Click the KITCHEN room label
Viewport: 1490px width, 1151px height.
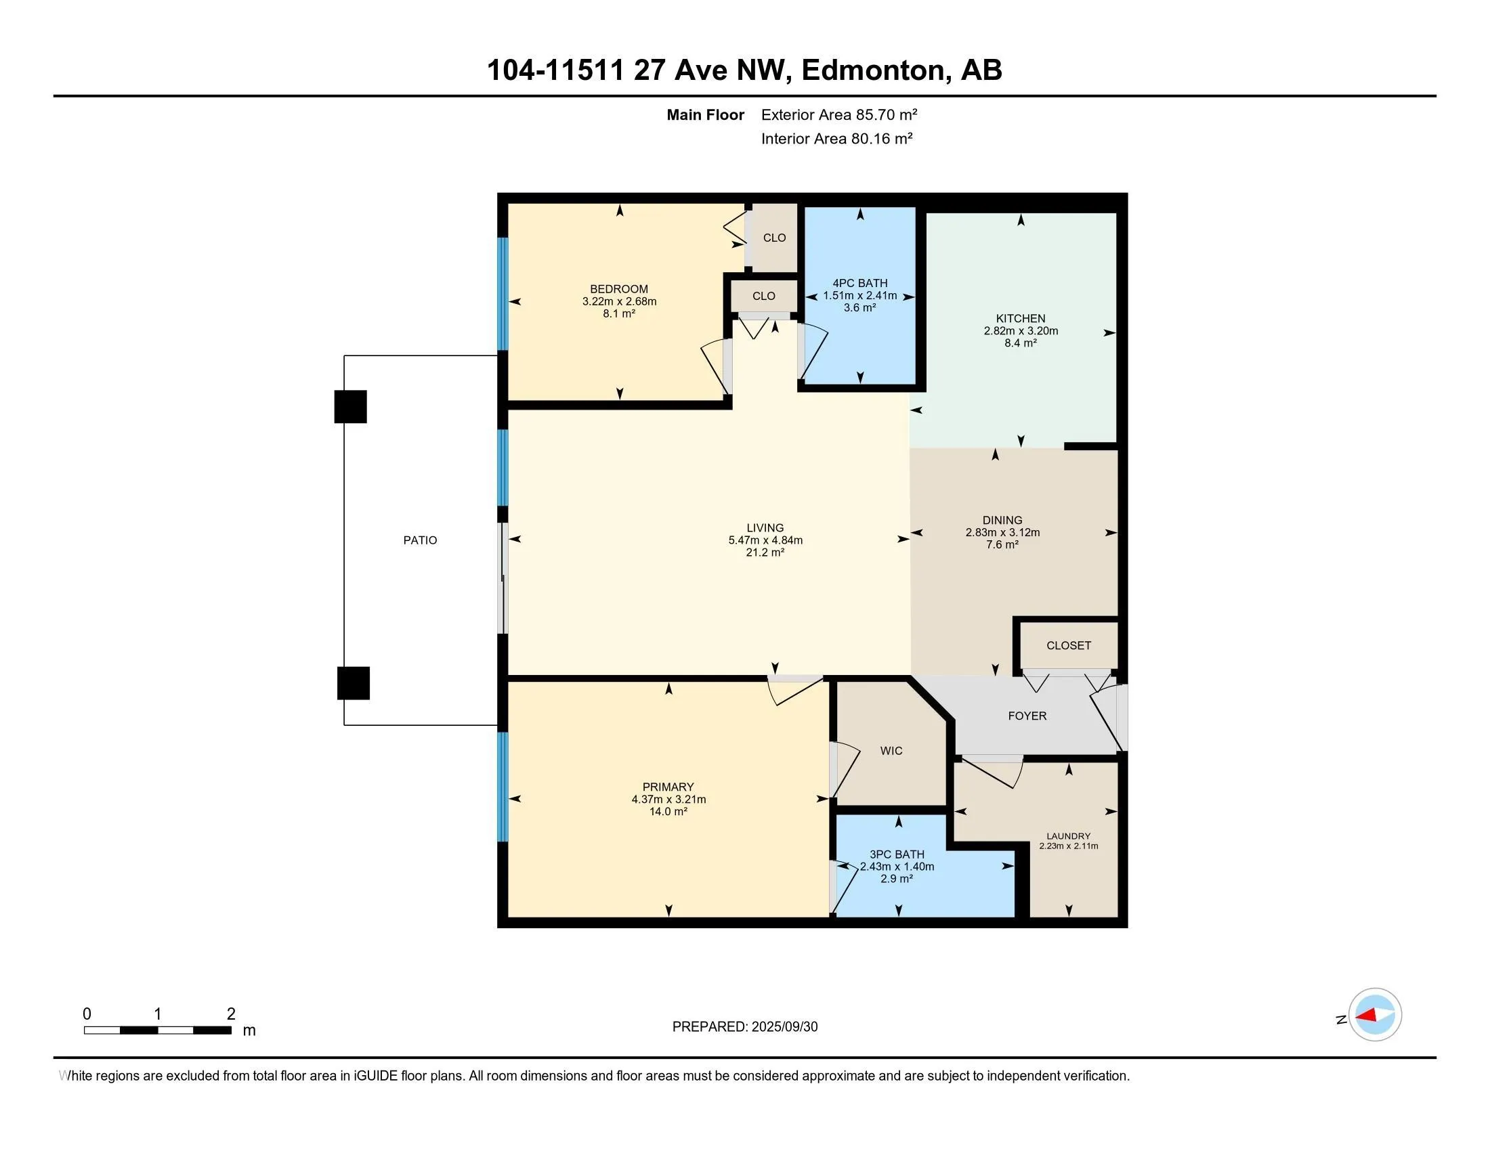coord(1020,318)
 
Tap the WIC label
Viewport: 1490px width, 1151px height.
coord(891,751)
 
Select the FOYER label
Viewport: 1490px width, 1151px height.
coord(1027,715)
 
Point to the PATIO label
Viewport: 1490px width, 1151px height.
coord(420,540)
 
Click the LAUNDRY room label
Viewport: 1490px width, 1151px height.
coord(1068,836)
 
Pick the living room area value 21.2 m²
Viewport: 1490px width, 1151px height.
coord(765,552)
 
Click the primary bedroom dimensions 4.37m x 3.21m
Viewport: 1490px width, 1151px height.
coord(668,799)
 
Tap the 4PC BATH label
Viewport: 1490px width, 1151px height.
coord(859,283)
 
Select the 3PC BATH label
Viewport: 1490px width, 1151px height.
coord(897,854)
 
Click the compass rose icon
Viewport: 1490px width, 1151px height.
coord(1374,1015)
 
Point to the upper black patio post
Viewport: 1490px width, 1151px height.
coord(350,406)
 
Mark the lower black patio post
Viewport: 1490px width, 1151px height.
coord(354,682)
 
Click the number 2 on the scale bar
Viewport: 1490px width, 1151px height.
coord(231,1014)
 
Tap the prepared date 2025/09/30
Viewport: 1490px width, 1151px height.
coord(784,1027)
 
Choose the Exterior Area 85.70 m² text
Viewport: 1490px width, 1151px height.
coord(839,114)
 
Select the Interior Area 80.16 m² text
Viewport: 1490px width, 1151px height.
coord(837,138)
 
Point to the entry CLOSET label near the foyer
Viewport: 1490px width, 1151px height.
coord(1068,646)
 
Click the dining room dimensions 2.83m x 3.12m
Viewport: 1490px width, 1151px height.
coord(1002,533)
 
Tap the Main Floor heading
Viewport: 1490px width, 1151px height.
coord(705,114)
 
